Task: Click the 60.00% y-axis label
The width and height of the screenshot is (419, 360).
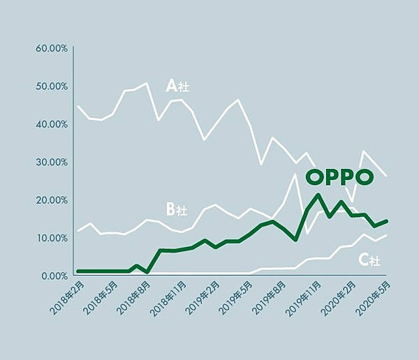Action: pyautogui.click(x=51, y=48)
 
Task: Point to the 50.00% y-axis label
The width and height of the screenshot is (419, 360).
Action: pyautogui.click(x=51, y=87)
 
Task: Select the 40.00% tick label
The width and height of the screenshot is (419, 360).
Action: pyautogui.click(x=51, y=124)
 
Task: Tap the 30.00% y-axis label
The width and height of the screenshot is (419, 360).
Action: pyautogui.click(x=51, y=162)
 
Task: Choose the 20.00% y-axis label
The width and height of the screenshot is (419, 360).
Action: pyautogui.click(x=51, y=200)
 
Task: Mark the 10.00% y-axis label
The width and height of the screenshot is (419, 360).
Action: pyautogui.click(x=51, y=238)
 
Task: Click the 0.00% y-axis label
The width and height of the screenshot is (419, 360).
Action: pyautogui.click(x=53, y=276)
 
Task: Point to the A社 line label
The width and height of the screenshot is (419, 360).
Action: pyautogui.click(x=177, y=86)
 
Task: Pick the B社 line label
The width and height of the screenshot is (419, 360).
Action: pyautogui.click(x=176, y=209)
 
